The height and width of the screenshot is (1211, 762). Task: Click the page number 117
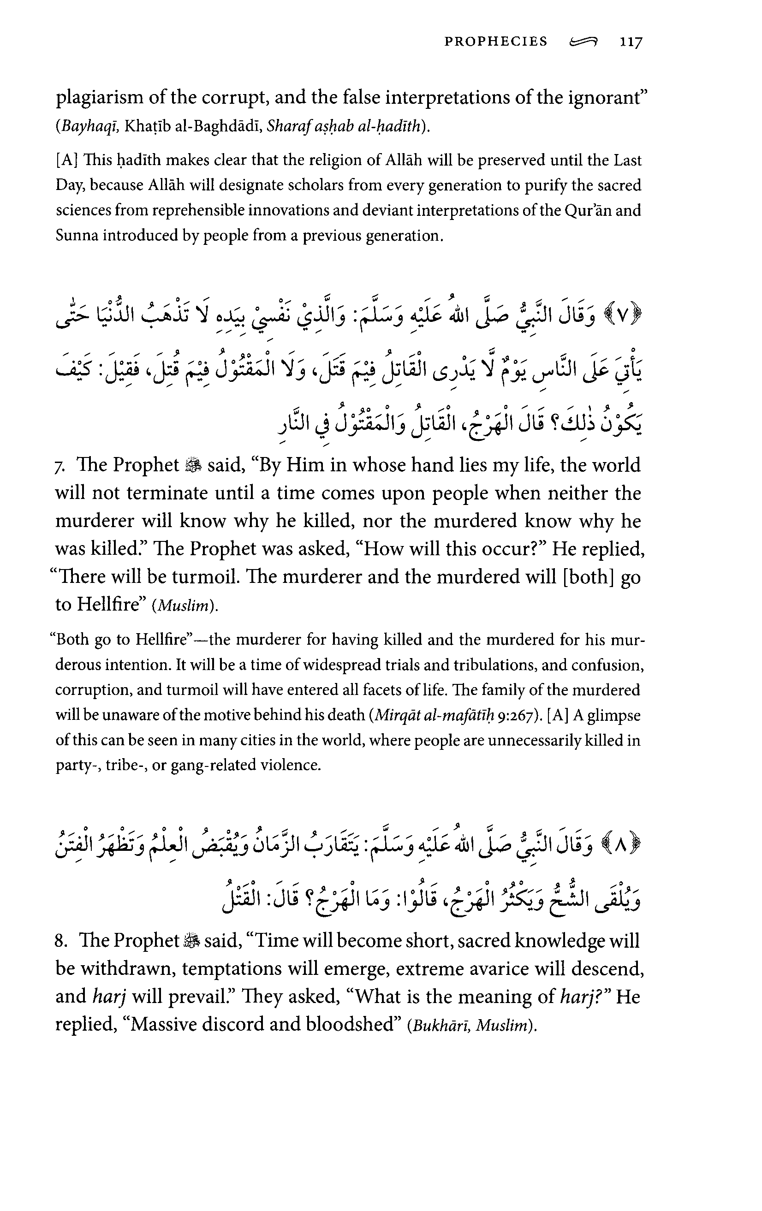click(x=630, y=42)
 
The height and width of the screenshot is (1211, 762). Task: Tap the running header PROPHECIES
click(x=495, y=42)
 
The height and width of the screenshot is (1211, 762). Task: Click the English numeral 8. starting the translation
click(x=62, y=940)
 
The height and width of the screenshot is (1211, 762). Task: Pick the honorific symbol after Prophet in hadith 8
click(x=192, y=940)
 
